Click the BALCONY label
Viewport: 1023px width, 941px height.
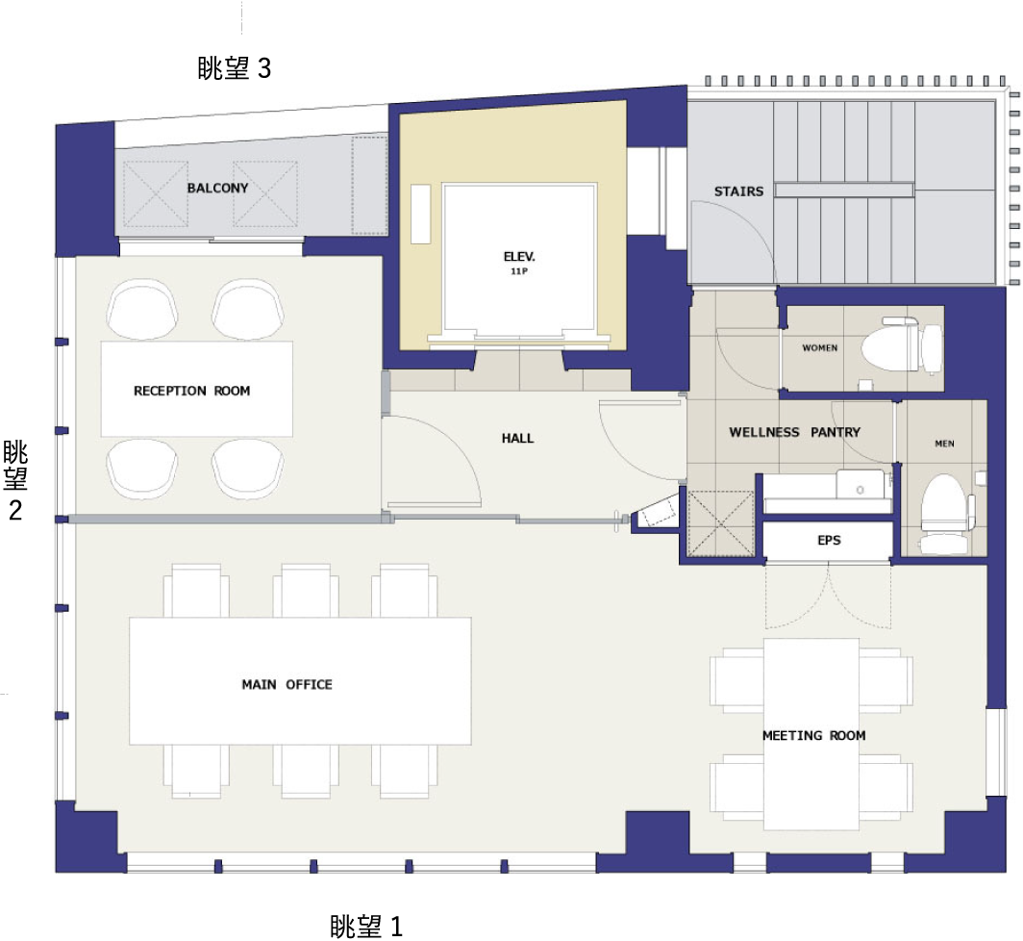click(x=218, y=188)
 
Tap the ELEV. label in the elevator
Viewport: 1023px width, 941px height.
click(x=519, y=257)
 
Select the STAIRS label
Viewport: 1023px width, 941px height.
click(x=738, y=191)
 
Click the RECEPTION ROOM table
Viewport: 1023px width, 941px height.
click(x=196, y=389)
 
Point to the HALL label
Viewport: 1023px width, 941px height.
click(x=517, y=438)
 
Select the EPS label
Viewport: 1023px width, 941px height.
click(x=829, y=540)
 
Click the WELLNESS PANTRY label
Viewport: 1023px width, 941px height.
click(x=794, y=432)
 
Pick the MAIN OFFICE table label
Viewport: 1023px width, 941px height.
click(x=287, y=684)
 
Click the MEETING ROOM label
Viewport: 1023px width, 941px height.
click(x=814, y=735)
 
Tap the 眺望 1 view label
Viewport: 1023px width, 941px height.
click(x=366, y=926)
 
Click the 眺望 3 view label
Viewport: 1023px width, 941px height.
click(x=235, y=68)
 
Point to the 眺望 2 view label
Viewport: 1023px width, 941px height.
click(x=15, y=480)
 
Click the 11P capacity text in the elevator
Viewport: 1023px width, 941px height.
click(x=519, y=271)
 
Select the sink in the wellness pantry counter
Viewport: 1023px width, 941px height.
click(x=860, y=485)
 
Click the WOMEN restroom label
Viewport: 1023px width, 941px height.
click(x=820, y=348)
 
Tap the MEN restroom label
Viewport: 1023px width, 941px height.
click(x=945, y=444)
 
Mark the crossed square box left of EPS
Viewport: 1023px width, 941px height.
click(x=719, y=523)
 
